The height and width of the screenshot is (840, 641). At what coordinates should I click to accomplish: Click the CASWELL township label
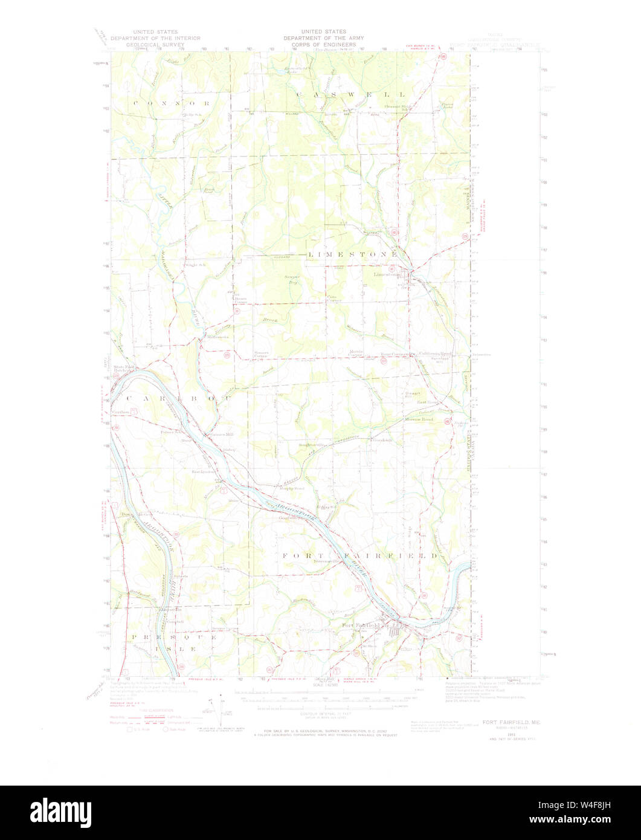point(351,94)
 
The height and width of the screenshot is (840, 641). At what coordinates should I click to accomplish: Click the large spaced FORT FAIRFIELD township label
point(359,555)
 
